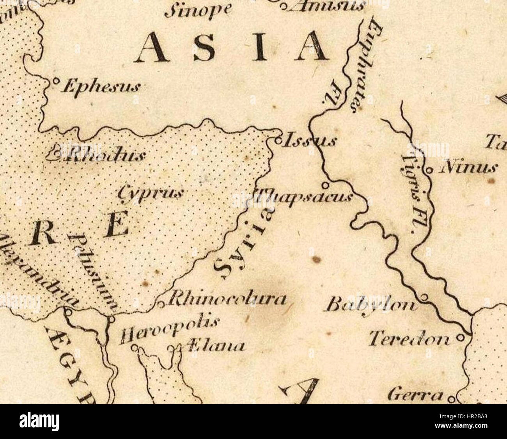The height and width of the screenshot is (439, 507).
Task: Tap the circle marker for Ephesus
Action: [56, 82]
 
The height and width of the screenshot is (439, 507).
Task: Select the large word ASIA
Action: [232, 47]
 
